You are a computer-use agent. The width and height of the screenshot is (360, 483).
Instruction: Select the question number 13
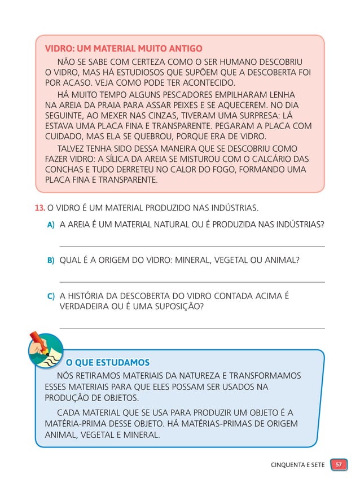39,208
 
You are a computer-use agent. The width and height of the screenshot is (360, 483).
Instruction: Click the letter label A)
51,225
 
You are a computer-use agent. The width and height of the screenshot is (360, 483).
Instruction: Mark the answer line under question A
192,246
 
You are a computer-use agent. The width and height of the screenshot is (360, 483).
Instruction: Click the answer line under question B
192,282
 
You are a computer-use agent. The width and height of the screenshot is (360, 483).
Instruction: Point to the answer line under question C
192,328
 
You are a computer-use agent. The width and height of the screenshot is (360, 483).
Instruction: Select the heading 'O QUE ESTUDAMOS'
108,362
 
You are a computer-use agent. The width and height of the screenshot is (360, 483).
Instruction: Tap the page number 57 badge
339,465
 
